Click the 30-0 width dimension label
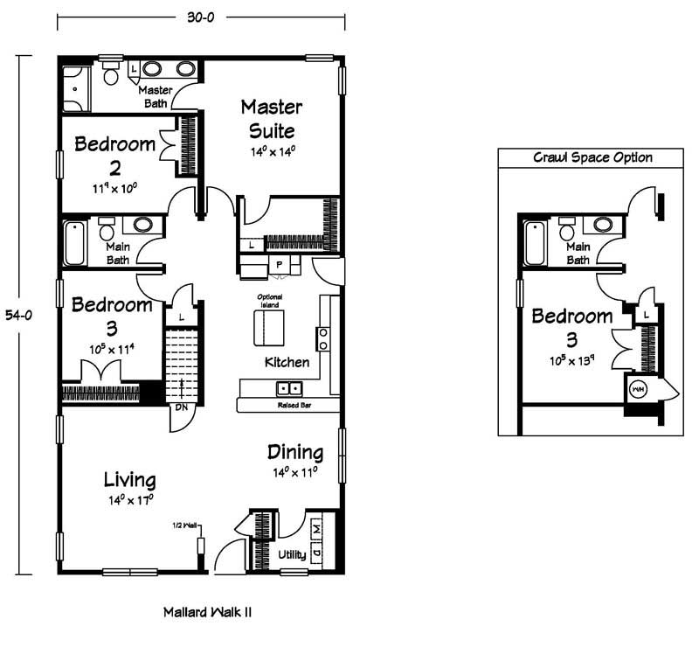click(x=201, y=17)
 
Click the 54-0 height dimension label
click(x=18, y=316)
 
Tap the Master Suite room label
click(x=272, y=119)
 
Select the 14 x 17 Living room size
click(x=131, y=500)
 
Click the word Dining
click(x=295, y=452)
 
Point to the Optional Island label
click(x=270, y=301)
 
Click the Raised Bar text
click(x=294, y=406)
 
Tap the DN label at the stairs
click(x=182, y=407)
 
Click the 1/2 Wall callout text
click(x=184, y=525)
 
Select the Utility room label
click(x=292, y=554)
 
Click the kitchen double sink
click(x=289, y=388)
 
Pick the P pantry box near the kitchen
click(x=279, y=265)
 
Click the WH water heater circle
click(x=638, y=389)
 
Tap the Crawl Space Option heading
click(x=592, y=157)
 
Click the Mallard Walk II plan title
click(x=207, y=612)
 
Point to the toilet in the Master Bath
click(x=111, y=73)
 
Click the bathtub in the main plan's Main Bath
click(x=74, y=244)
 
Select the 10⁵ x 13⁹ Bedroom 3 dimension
click(x=572, y=360)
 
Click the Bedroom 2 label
click(x=115, y=156)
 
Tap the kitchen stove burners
click(x=323, y=338)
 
